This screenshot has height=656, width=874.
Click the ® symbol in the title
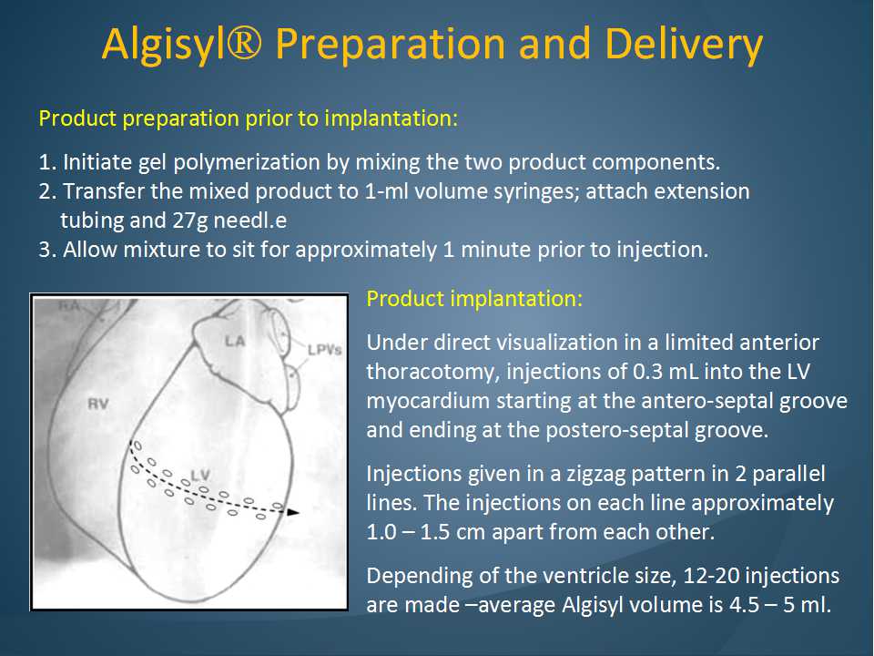click(240, 44)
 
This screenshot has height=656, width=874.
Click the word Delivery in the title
click(684, 45)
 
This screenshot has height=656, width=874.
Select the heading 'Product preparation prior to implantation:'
click(248, 118)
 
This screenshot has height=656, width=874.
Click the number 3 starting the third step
click(45, 250)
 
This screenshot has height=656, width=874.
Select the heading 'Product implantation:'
click(473, 299)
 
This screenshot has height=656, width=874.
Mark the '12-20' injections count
click(710, 576)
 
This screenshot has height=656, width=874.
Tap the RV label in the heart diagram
click(98, 404)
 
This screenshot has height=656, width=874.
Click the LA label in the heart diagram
click(235, 340)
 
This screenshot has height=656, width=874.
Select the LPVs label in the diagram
click(324, 350)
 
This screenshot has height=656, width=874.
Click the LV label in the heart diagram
click(200, 476)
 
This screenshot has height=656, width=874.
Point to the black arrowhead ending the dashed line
click(292, 511)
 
